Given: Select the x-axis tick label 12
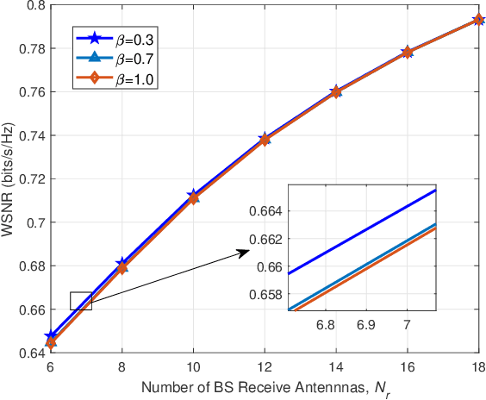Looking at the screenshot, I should pos(265,366).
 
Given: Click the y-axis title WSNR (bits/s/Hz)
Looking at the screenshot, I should pos(9,179).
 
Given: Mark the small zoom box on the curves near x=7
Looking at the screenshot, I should pos(80,301).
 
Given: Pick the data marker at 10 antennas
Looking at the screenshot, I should pos(193,197).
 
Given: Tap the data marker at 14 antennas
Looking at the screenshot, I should pos(336,91).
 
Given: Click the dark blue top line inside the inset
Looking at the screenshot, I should pos(362,232).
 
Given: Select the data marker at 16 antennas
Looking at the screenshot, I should pos(407,52).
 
